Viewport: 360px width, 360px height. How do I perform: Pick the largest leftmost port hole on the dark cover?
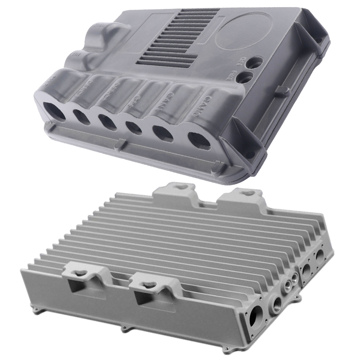click(x=54, y=110)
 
